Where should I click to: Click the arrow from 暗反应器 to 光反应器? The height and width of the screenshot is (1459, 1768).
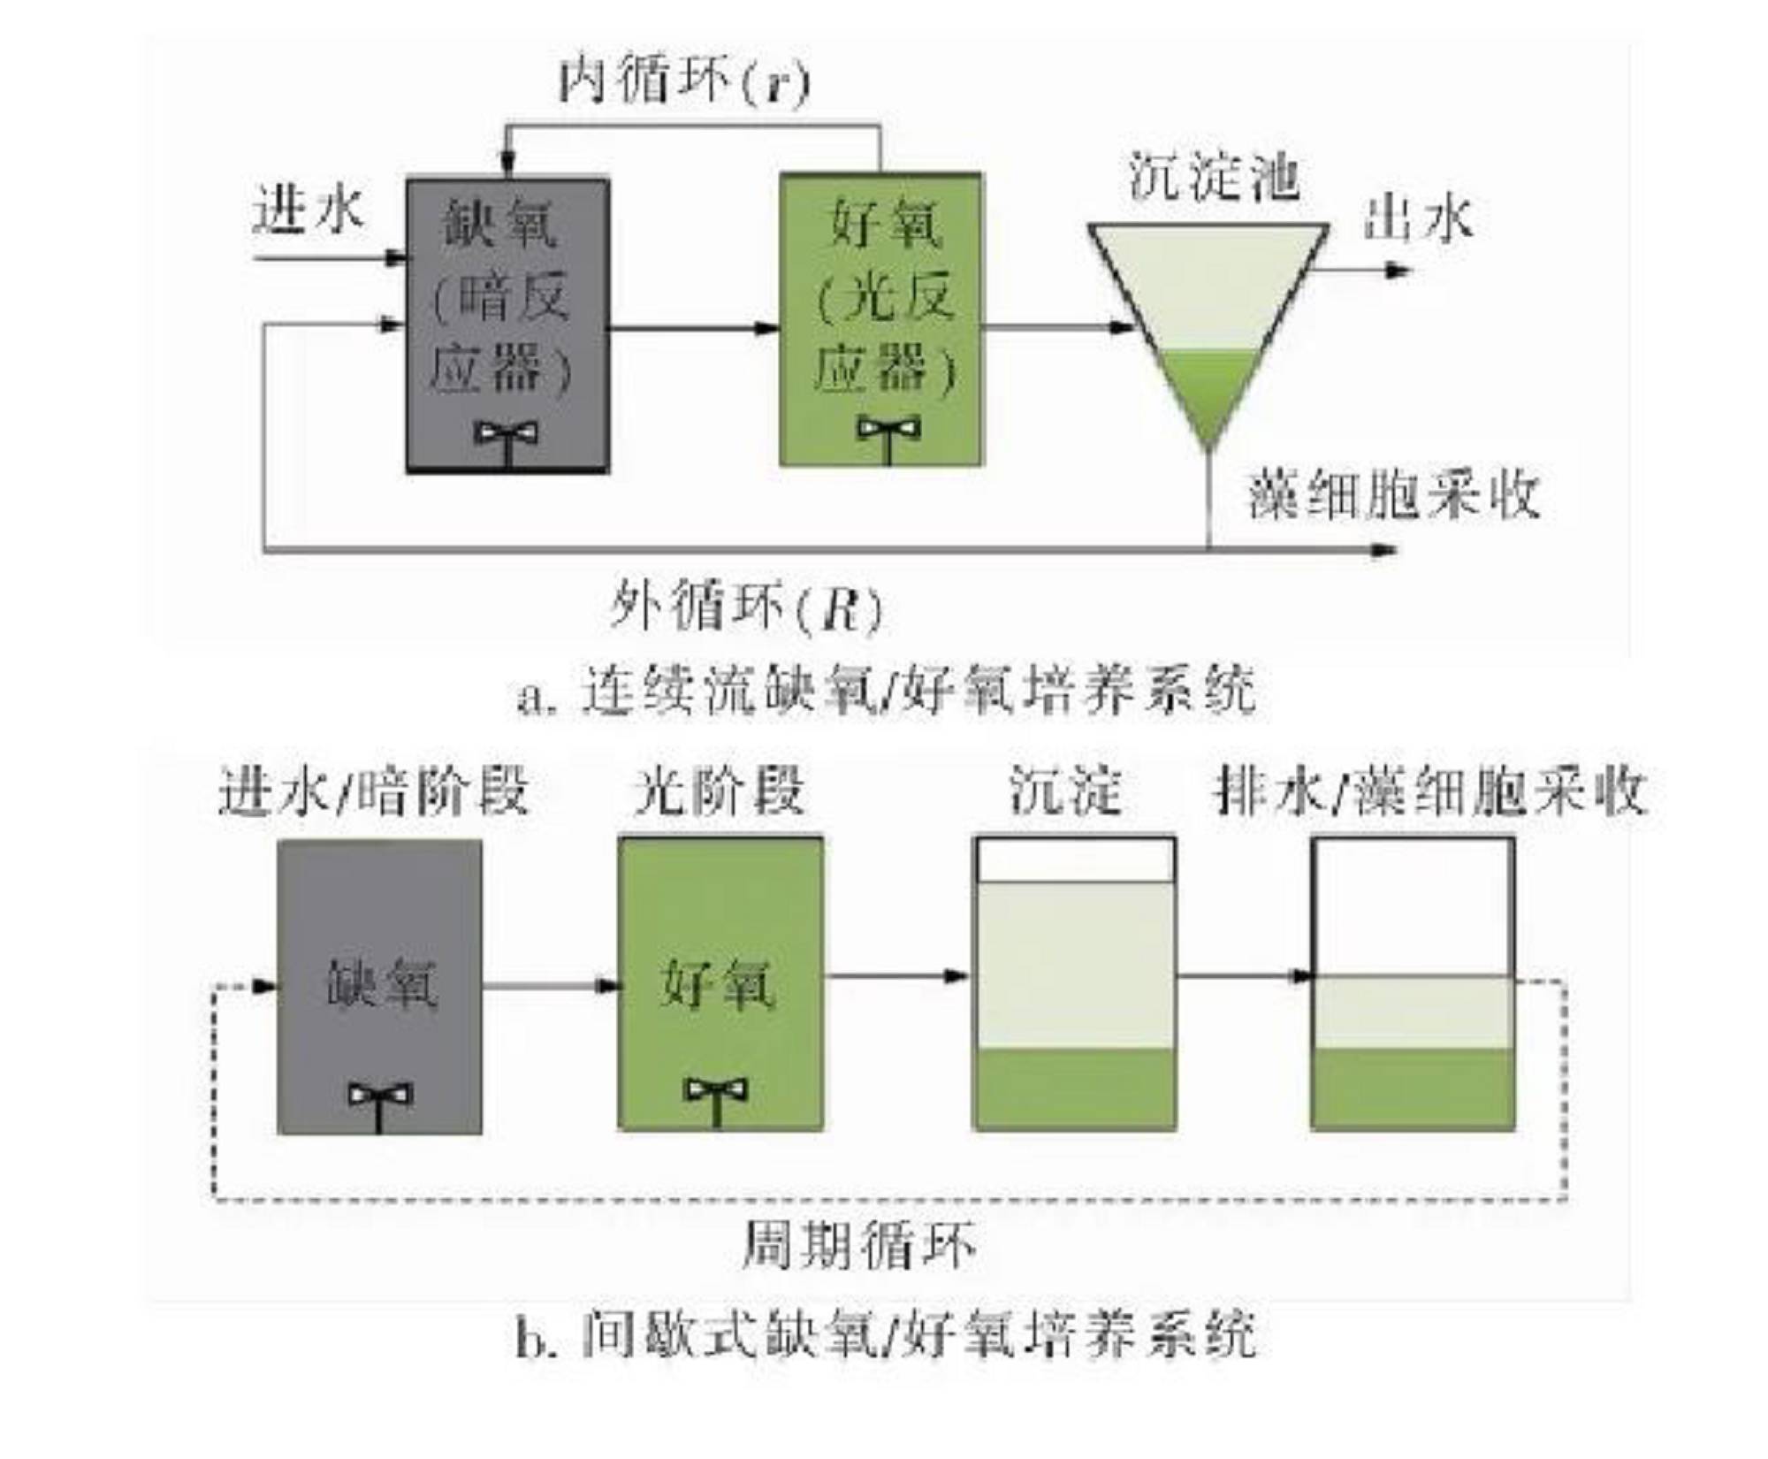[694, 329]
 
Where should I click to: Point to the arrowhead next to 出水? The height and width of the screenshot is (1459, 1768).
[1397, 270]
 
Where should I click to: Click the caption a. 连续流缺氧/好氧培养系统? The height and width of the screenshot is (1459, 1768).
[887, 690]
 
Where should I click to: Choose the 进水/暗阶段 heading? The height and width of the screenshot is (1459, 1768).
[373, 790]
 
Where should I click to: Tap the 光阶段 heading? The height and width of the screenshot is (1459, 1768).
[719, 790]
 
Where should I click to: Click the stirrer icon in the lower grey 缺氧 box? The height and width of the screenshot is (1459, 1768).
[379, 1105]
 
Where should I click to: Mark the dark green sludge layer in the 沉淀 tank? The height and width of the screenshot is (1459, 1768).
[1074, 1089]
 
